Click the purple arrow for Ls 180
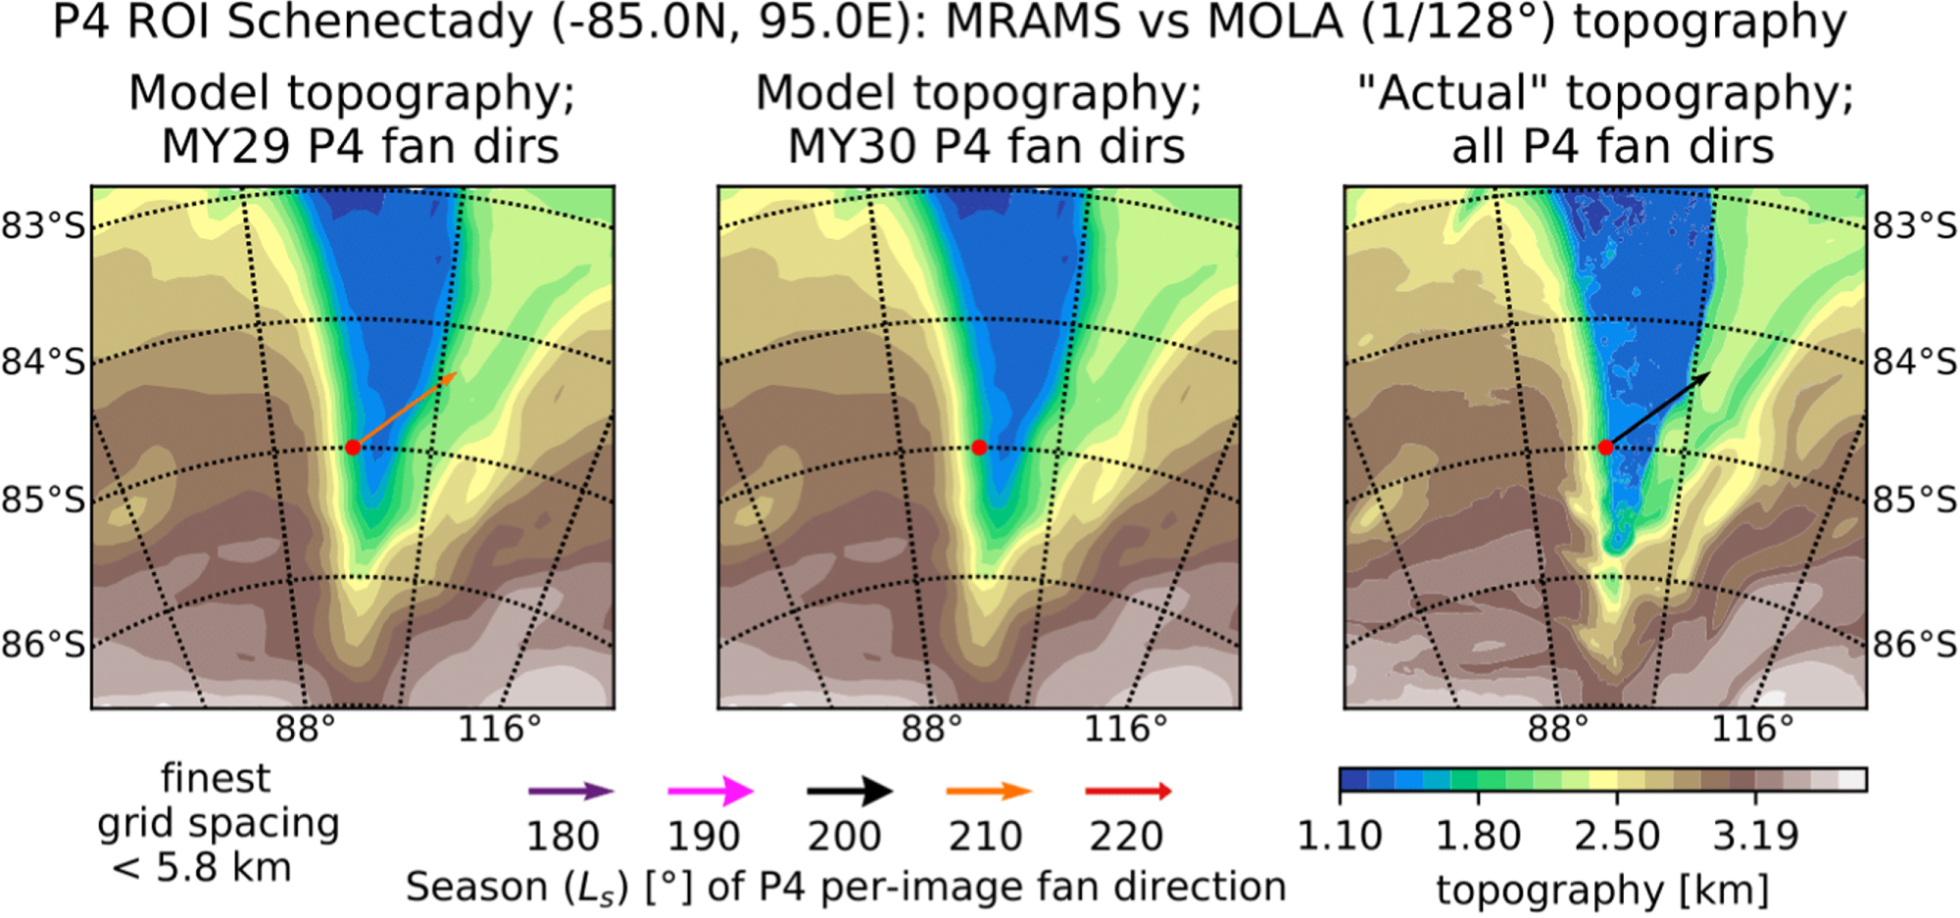(570, 792)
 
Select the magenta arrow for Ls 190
(710, 791)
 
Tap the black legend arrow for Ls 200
(850, 791)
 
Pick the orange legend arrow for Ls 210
(989, 792)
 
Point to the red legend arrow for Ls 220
(1129, 791)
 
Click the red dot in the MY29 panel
(353, 448)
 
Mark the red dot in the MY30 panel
(979, 448)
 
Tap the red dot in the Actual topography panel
(1605, 448)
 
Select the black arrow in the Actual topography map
(1658, 410)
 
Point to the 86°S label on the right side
(1915, 645)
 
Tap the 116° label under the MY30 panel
(1125, 729)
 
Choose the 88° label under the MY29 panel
(304, 729)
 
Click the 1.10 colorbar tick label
(1340, 837)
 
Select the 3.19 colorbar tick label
(1756, 837)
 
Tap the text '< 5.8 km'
(202, 868)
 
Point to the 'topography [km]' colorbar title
(1602, 891)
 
